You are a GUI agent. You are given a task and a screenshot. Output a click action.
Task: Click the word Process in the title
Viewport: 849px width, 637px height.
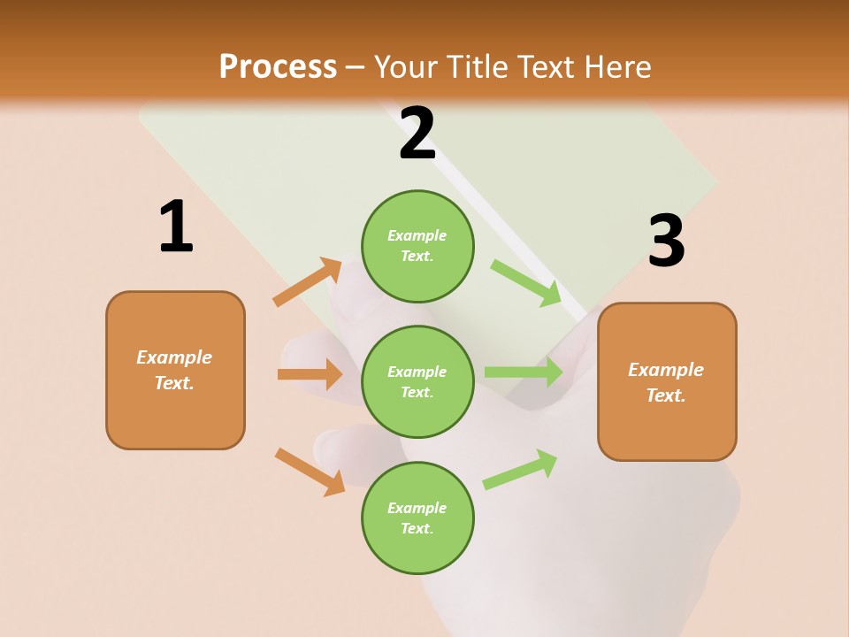tap(278, 67)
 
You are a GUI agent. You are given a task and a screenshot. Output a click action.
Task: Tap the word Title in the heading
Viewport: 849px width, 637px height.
tap(479, 67)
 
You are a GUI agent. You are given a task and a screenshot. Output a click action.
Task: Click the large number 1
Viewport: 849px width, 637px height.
tap(175, 227)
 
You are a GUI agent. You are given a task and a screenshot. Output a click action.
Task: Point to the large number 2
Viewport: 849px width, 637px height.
tap(417, 134)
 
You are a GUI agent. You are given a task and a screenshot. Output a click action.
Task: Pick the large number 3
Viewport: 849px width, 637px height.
tap(666, 242)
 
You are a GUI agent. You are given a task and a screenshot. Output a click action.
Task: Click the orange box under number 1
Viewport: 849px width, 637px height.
tap(175, 370)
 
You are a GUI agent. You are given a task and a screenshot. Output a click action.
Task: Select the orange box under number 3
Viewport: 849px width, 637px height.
tap(667, 381)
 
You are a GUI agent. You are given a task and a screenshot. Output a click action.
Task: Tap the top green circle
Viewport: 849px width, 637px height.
tap(417, 246)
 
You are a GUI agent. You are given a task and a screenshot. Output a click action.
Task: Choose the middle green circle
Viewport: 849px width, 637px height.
tap(417, 381)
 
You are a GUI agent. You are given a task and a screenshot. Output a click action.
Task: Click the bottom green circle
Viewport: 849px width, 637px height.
tap(417, 518)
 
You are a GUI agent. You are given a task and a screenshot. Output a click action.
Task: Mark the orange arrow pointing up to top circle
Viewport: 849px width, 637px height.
tap(307, 282)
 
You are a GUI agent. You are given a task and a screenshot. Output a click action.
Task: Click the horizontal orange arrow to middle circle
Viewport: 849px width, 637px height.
tap(310, 374)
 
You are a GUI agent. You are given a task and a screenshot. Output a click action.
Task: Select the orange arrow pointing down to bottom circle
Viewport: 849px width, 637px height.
tap(310, 472)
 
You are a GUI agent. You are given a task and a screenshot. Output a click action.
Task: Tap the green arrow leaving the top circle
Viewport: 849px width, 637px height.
tap(525, 282)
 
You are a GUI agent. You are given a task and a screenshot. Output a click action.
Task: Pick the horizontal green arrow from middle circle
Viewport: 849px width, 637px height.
tap(524, 372)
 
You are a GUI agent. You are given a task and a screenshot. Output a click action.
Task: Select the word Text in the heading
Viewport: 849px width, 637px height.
tap(546, 67)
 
